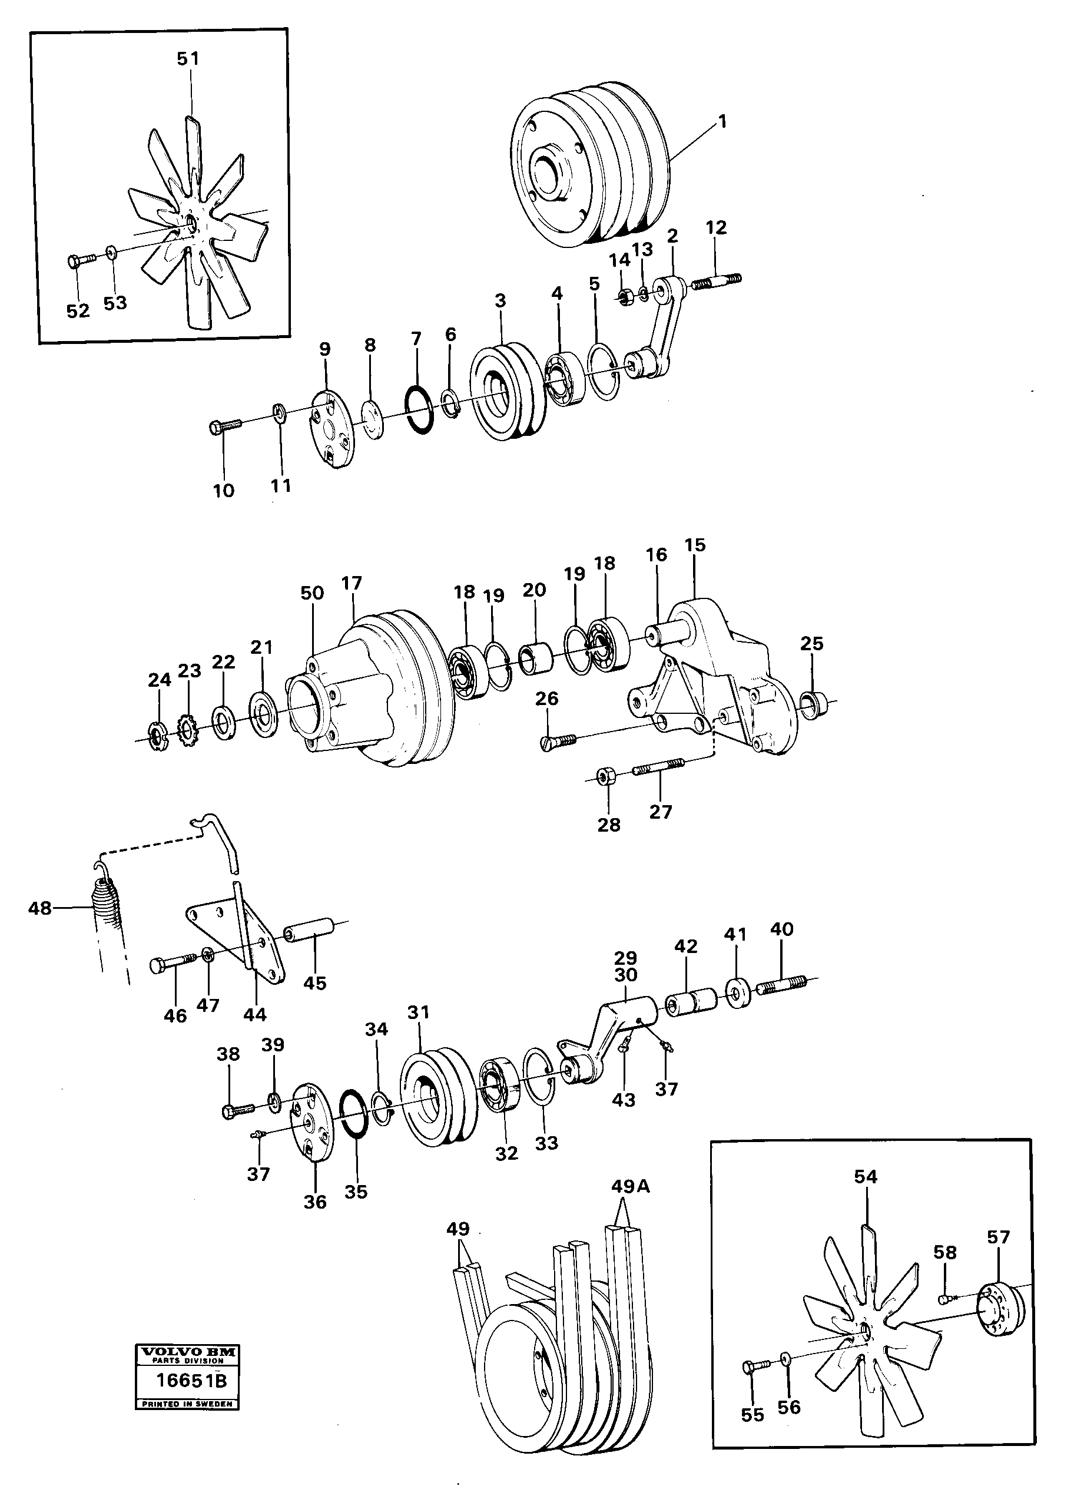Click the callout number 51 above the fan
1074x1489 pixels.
(188, 59)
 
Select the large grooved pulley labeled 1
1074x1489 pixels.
(590, 165)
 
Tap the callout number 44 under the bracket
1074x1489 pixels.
(255, 1015)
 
